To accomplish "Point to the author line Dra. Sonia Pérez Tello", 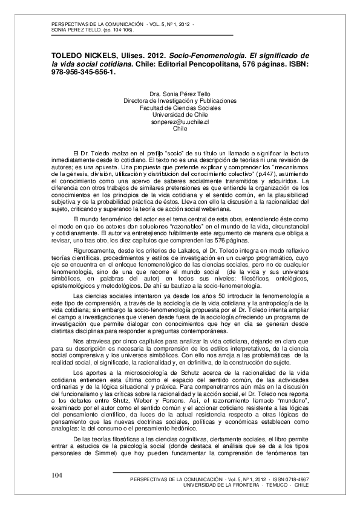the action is [x=180, y=94].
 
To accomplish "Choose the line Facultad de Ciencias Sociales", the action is [x=180, y=108].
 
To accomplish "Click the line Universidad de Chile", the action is [x=180, y=115].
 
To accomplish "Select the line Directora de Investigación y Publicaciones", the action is [x=180, y=100].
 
